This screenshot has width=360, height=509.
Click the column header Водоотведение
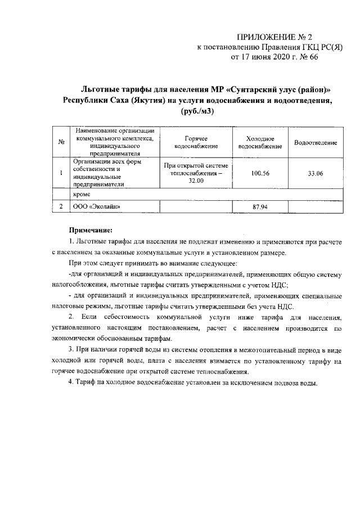pyautogui.click(x=316, y=143)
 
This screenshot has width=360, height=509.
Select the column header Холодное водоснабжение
pyautogui.click(x=260, y=143)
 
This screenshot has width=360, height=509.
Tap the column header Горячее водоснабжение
pyautogui.click(x=196, y=143)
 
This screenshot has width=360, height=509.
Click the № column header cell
pyautogui.click(x=60, y=143)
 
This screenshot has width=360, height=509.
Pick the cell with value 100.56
pyautogui.click(x=260, y=173)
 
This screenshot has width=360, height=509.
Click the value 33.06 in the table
pyautogui.click(x=316, y=173)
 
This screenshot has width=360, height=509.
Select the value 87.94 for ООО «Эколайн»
pyautogui.click(x=260, y=207)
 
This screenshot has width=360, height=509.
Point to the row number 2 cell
pyautogui.click(x=60, y=207)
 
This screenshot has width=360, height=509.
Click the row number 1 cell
pyautogui.click(x=60, y=173)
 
